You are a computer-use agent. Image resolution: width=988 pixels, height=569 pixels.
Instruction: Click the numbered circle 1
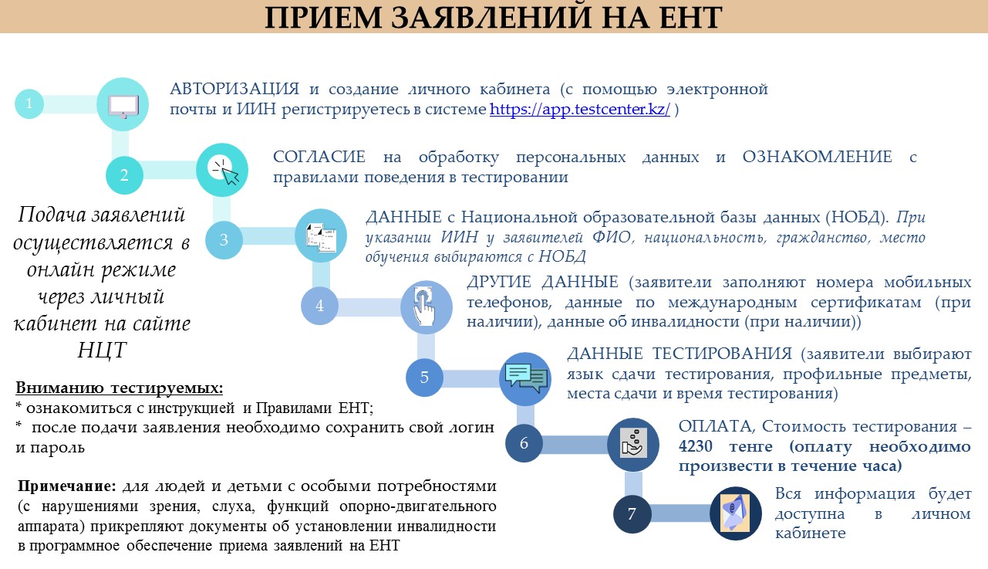click(29, 103)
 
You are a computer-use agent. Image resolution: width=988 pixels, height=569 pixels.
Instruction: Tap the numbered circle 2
click(124, 175)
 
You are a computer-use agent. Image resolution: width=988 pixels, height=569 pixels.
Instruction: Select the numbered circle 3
click(224, 239)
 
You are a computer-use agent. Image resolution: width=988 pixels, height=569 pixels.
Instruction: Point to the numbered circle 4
click(319, 306)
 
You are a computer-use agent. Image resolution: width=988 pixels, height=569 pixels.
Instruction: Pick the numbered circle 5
click(424, 377)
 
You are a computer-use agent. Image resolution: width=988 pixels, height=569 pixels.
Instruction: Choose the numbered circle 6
click(524, 442)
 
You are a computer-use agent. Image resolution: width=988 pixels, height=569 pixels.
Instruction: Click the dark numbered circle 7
click(632, 514)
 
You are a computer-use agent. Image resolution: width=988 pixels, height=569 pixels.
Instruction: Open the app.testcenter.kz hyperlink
click(579, 109)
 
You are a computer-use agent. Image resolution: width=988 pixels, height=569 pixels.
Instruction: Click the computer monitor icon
click(123, 107)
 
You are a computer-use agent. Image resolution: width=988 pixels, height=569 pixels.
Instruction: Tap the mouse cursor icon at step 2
click(225, 171)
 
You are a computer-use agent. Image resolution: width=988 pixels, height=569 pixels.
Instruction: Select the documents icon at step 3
click(321, 238)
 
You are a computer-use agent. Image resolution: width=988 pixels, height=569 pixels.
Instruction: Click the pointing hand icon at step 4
click(425, 306)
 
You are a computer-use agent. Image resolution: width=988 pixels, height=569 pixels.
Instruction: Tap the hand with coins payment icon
click(634, 442)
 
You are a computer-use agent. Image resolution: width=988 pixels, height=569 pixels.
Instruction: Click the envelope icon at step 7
click(735, 513)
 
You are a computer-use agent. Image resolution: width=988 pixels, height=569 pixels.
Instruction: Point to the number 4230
click(695, 446)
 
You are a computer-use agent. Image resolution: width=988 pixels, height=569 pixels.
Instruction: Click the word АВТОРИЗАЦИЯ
click(234, 89)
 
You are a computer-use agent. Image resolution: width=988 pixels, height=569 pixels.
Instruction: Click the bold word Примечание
click(67, 486)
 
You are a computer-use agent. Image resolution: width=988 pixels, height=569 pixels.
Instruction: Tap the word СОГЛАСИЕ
click(319, 157)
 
